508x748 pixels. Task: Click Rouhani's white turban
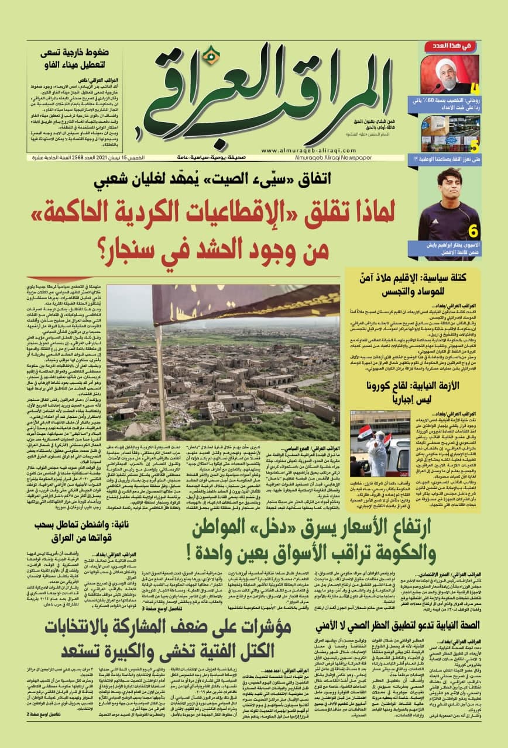[447, 63]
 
